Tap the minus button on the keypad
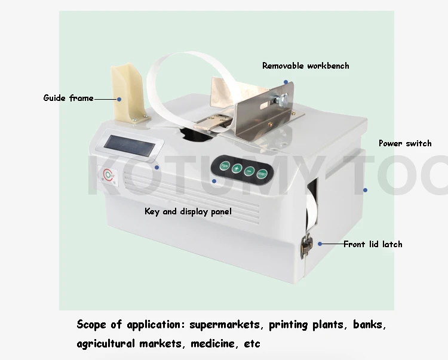point(250,172)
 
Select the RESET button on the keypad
point(263,176)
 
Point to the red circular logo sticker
point(108,174)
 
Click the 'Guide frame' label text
point(68,97)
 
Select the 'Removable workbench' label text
point(305,65)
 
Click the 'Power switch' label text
point(404,143)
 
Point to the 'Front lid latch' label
point(372,244)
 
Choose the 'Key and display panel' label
point(188,211)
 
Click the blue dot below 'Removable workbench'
point(286,82)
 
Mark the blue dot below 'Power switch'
point(365,190)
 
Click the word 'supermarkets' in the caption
point(226,325)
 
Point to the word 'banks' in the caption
point(370,325)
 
